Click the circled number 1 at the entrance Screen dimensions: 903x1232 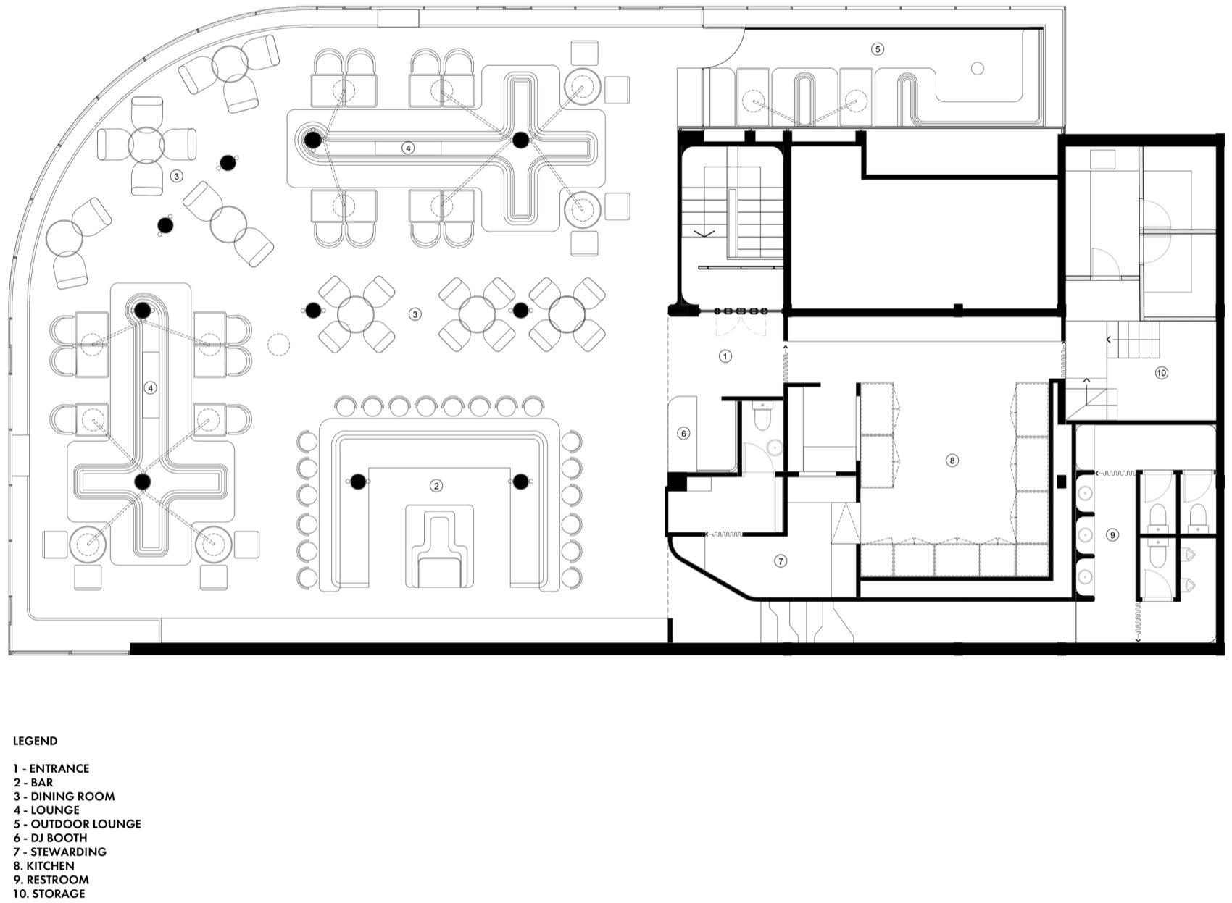click(x=725, y=356)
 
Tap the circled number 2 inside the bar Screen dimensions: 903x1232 click(x=436, y=486)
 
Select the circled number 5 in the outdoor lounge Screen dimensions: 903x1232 click(x=878, y=49)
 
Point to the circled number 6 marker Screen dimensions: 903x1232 click(x=683, y=434)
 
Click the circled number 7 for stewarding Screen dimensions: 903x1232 click(x=780, y=561)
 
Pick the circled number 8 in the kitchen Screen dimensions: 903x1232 click(x=952, y=461)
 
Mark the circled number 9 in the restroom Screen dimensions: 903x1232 click(x=1112, y=535)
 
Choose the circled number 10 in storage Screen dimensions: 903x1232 click(x=1162, y=373)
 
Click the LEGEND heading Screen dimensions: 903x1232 click(x=35, y=741)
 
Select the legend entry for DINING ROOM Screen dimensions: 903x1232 click(x=64, y=796)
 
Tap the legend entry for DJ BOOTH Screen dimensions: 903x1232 click(x=50, y=838)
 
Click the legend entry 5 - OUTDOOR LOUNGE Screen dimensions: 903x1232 click(x=77, y=824)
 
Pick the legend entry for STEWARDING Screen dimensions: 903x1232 click(x=59, y=852)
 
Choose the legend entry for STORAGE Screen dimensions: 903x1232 click(x=49, y=894)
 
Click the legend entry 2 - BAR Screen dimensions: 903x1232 click(x=33, y=782)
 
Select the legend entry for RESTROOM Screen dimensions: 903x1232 click(x=51, y=880)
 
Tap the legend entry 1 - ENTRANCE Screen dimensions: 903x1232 click(x=51, y=768)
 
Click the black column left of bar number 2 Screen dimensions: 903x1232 click(x=358, y=481)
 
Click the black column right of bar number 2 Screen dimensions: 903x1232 click(x=520, y=481)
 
